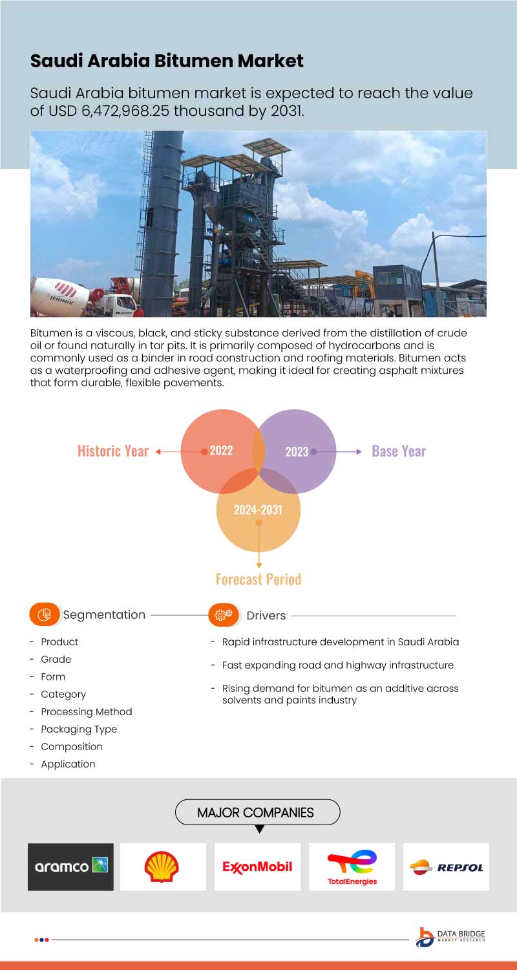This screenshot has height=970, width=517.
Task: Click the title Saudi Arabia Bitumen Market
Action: [x=167, y=61]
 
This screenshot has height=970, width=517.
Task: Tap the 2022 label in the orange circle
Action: [x=221, y=451]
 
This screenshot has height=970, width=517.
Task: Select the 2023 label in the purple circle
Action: [x=297, y=451]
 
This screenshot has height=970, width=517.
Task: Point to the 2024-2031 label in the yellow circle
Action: [x=258, y=510]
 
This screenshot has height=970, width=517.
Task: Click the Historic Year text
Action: [x=113, y=451]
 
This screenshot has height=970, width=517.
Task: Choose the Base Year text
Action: [x=399, y=451]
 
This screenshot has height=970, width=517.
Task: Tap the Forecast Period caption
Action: [x=258, y=579]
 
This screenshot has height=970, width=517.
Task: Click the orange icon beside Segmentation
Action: [x=44, y=615]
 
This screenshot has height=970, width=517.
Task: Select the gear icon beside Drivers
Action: [x=224, y=615]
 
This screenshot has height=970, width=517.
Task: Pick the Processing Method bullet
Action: [x=86, y=711]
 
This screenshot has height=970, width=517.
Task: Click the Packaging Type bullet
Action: [x=79, y=729]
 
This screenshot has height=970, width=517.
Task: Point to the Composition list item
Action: [x=71, y=746]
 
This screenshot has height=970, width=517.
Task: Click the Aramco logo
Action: [x=70, y=867]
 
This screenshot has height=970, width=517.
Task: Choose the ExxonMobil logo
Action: [x=257, y=867]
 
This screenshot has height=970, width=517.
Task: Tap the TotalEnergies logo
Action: [x=352, y=867]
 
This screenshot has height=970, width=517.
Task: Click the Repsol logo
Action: [x=447, y=867]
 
